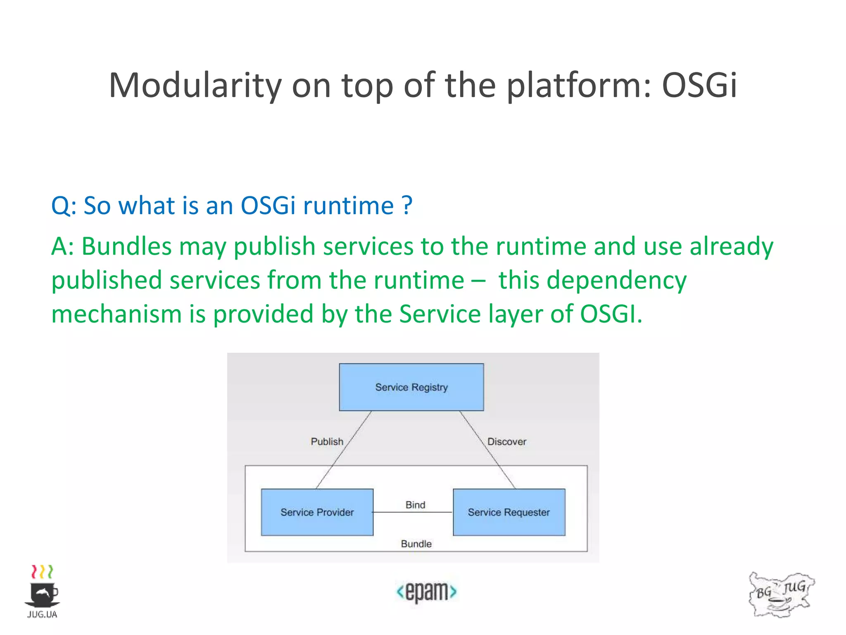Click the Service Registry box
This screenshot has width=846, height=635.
(x=411, y=387)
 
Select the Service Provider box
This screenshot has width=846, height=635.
(x=317, y=512)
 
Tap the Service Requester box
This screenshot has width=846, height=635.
(x=509, y=512)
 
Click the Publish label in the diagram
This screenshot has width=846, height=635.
(x=327, y=442)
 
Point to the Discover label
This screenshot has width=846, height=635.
(x=507, y=442)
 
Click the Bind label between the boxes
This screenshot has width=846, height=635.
(x=415, y=505)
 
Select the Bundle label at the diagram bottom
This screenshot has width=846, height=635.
(x=416, y=544)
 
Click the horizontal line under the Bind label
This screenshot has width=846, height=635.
(x=413, y=513)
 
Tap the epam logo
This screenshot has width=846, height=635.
(x=426, y=592)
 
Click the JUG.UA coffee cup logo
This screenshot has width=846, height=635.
(x=42, y=591)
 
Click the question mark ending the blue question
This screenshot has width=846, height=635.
(x=407, y=205)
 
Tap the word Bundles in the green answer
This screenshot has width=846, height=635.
(x=126, y=246)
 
